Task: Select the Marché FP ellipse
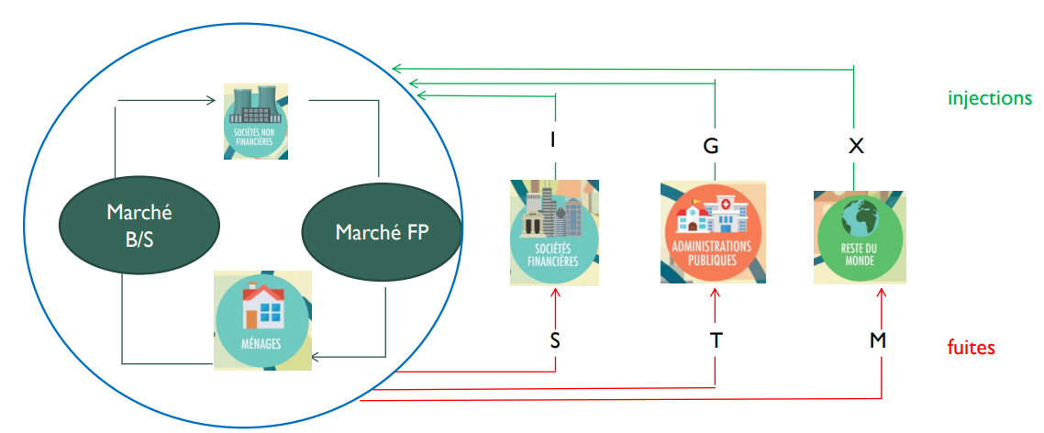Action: coord(380,230)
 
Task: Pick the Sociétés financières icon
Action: coord(554,231)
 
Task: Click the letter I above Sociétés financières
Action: coord(552,140)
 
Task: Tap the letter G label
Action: coord(711,146)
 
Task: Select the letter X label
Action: coord(856,146)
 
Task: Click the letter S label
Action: coord(555,340)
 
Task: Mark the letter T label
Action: coord(716,340)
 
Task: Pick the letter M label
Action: coord(879,340)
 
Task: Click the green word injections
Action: coord(990,98)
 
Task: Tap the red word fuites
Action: coord(971,348)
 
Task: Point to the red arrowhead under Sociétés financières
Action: coord(555,293)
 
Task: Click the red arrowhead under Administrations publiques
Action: coord(716,292)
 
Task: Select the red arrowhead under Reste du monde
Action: coord(882,293)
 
